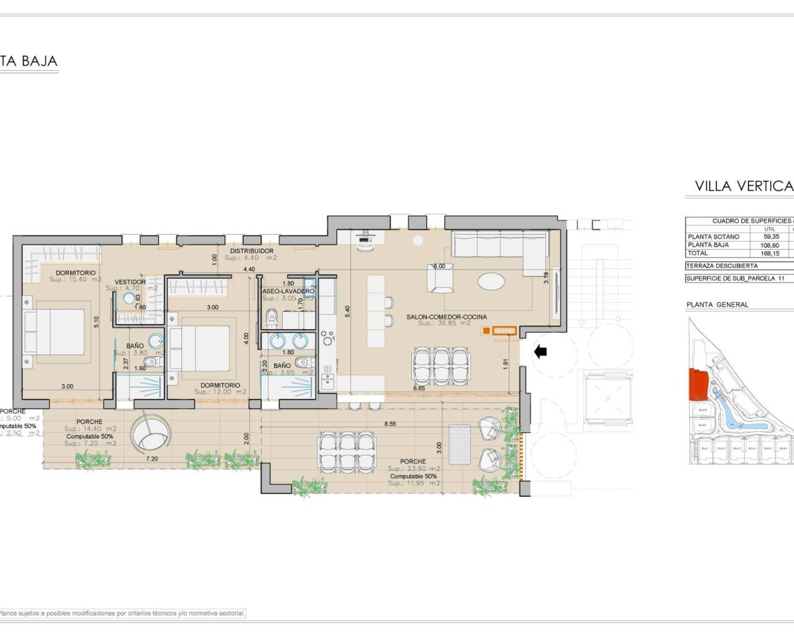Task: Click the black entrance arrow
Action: click(x=540, y=352)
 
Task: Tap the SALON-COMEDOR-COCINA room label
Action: click(x=446, y=317)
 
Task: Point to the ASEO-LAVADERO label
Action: click(x=288, y=291)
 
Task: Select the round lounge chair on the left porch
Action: click(x=149, y=432)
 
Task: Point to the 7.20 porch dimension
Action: click(x=153, y=459)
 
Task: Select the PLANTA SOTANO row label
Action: click(x=713, y=237)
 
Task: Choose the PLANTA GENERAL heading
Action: click(x=717, y=304)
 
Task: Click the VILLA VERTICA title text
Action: click(x=744, y=186)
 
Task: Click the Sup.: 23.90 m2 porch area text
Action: click(x=414, y=469)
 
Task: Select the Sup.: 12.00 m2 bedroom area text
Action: click(x=220, y=392)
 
